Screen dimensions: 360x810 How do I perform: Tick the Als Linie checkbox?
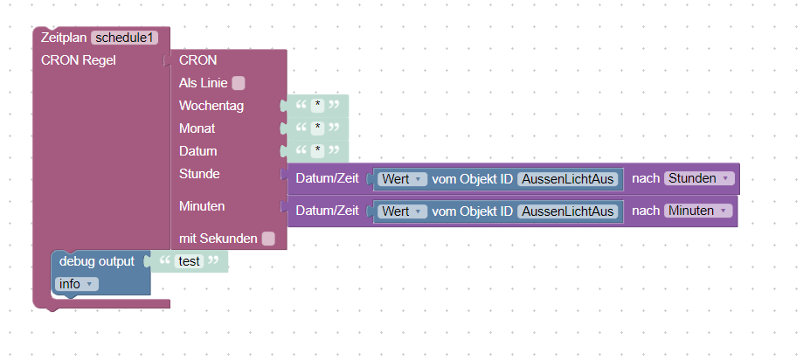click(x=239, y=84)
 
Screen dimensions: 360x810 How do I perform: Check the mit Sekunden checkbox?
click(x=268, y=239)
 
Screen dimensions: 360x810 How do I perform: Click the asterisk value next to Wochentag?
click(x=319, y=106)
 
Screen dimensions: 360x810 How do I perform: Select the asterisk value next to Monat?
click(x=319, y=128)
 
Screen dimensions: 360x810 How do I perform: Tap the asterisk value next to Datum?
click(x=319, y=151)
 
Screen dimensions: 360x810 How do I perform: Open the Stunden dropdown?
click(x=699, y=178)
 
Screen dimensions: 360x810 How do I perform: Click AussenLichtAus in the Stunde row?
click(x=569, y=179)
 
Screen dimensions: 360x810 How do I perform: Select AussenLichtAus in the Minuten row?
click(x=569, y=211)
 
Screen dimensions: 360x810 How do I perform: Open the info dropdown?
click(x=77, y=284)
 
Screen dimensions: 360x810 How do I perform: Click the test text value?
click(x=189, y=260)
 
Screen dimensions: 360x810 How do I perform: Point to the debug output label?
click(x=97, y=260)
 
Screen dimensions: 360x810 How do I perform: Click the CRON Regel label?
click(x=79, y=60)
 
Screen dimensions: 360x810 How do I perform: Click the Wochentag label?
click(x=211, y=106)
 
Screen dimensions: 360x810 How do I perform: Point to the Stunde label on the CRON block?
click(x=199, y=174)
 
